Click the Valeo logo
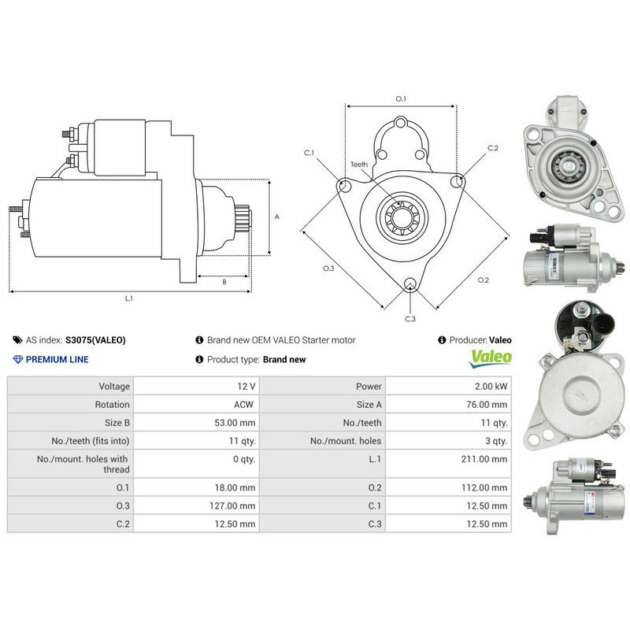491,358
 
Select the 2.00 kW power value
489,386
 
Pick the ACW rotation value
245,404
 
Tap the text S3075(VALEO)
95,340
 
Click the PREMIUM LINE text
57,359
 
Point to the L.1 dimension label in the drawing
129,298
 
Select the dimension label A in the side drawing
276,216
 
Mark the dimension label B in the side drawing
224,281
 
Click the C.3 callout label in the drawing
409,319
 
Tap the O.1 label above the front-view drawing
400,99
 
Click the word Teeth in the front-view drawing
359,165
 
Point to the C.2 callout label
493,148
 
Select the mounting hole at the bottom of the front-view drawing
409,284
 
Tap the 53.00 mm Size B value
236,422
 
